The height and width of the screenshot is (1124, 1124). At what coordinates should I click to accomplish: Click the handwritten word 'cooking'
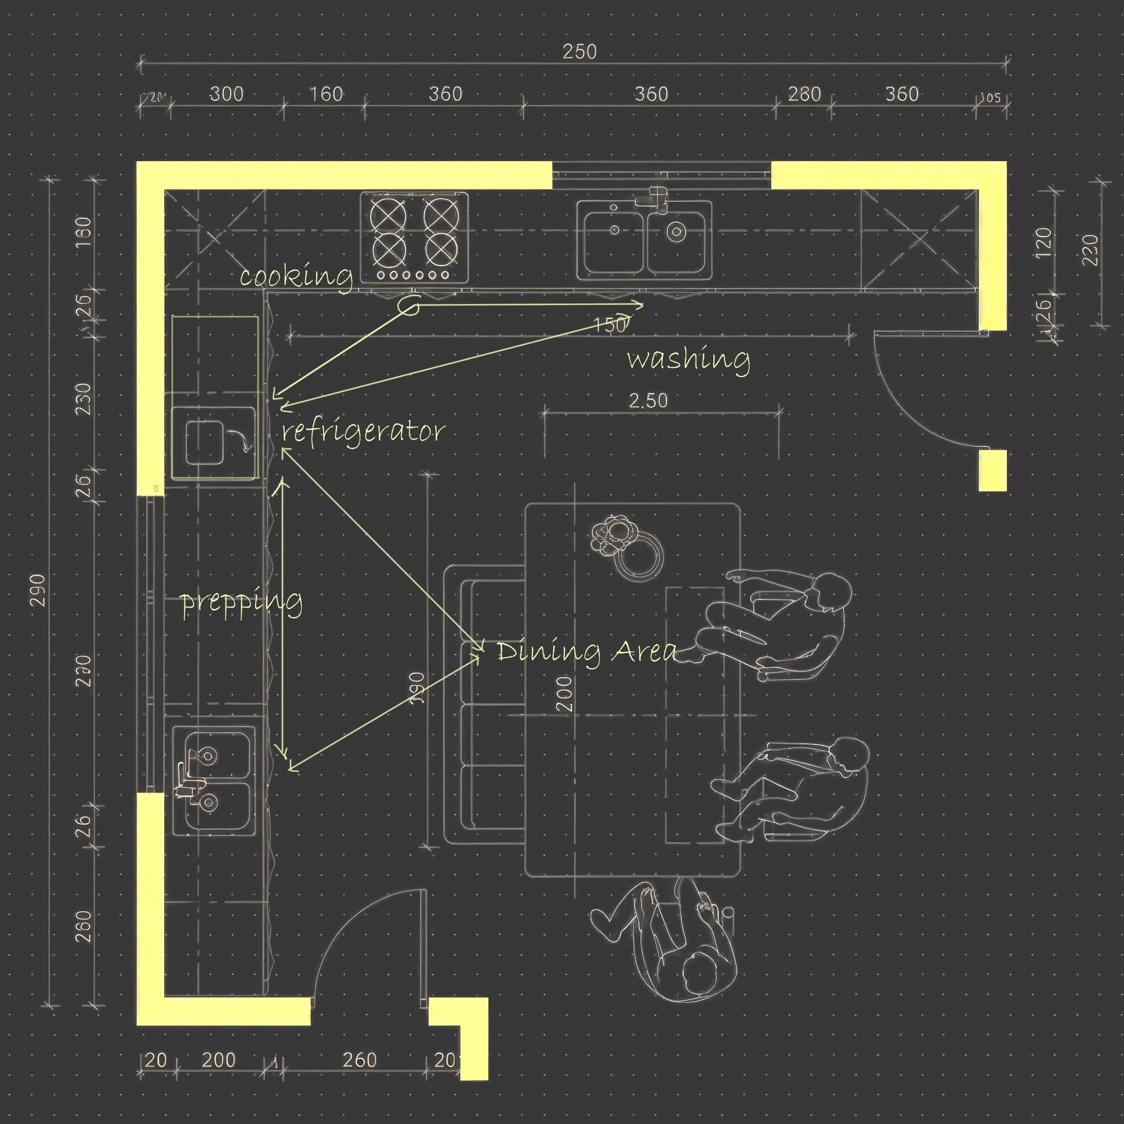tap(296, 276)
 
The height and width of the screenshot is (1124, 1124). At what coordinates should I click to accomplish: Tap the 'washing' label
tap(688, 359)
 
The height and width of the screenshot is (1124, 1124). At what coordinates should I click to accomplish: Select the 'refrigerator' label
tap(363, 432)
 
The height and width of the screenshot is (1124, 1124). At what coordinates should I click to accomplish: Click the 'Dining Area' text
tap(586, 651)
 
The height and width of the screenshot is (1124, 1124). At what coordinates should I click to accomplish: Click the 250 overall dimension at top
tap(579, 52)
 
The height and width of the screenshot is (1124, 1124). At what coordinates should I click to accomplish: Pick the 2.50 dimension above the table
tap(648, 401)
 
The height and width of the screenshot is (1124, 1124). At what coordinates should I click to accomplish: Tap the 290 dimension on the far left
tap(38, 590)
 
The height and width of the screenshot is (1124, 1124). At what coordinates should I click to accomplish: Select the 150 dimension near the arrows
tap(610, 325)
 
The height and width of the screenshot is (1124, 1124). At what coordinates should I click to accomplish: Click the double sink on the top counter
tap(644, 237)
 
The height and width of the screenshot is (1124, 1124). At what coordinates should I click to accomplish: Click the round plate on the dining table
tap(639, 557)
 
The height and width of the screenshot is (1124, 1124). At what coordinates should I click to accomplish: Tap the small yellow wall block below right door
tap(992, 471)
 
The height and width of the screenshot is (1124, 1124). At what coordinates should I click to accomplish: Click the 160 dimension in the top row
tap(326, 95)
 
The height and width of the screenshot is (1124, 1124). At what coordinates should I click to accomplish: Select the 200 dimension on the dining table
tap(564, 694)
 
